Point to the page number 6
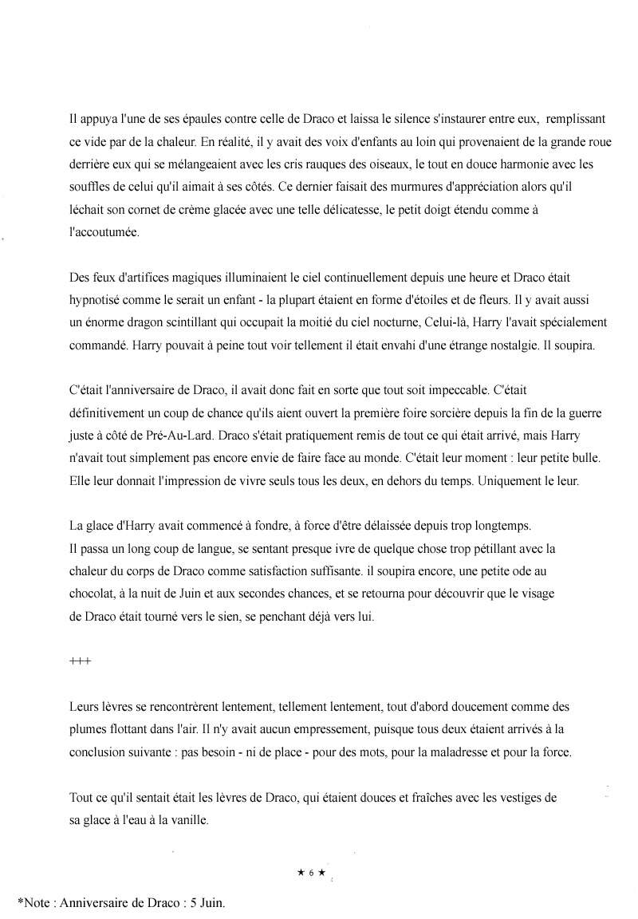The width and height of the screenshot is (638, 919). [311, 873]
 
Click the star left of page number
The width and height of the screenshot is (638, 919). [300, 873]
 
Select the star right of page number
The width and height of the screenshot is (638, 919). [321, 873]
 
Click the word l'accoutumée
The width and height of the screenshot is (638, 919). [104, 232]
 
